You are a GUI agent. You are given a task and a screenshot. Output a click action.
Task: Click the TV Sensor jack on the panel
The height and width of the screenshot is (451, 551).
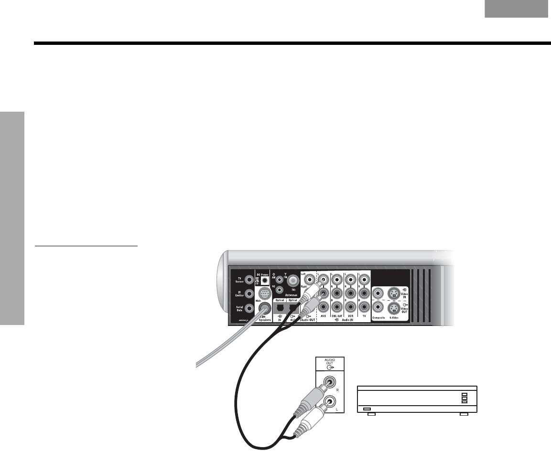point(248,280)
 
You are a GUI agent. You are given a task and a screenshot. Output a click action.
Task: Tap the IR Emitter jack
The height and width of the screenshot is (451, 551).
point(248,294)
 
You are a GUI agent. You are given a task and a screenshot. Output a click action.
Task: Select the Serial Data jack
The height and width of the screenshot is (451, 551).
point(248,309)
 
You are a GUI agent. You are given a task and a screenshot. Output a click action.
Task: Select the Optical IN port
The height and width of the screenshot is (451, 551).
point(280,307)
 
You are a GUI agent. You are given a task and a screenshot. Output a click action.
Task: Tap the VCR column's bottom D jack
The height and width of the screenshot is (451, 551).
point(351,308)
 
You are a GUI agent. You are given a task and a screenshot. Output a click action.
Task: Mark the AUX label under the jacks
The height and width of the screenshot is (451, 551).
point(324,317)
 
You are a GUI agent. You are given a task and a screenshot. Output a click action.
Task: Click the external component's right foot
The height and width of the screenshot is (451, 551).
point(462,415)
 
